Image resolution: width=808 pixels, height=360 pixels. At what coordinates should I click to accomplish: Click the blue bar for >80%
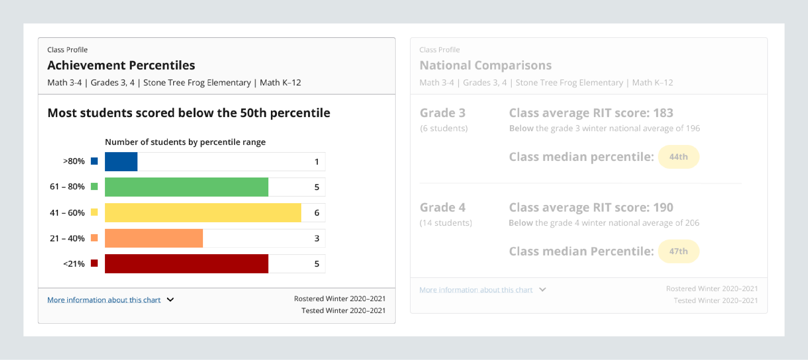tap(121, 162)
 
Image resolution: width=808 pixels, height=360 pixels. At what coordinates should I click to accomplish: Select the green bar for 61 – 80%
tap(186, 187)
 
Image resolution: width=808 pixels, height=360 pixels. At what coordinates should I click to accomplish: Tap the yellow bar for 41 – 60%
tap(203, 213)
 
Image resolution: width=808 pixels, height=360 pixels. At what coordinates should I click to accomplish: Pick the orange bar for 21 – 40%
tap(154, 238)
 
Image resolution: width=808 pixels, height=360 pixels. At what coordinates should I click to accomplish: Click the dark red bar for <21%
tap(186, 263)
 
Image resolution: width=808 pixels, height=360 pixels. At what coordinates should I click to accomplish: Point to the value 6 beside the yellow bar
tap(317, 213)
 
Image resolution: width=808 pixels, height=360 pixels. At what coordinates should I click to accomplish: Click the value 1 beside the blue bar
tap(317, 162)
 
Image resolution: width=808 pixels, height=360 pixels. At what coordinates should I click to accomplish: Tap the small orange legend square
tap(94, 238)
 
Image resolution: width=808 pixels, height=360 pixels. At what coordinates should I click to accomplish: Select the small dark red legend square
tap(94, 263)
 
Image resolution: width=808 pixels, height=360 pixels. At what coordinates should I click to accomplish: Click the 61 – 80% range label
tap(67, 187)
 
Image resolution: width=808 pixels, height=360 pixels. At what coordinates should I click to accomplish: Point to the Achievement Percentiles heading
tap(121, 65)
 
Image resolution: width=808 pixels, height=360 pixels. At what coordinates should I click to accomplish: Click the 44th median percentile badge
tap(678, 157)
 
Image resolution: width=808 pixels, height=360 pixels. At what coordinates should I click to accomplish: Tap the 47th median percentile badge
tap(678, 251)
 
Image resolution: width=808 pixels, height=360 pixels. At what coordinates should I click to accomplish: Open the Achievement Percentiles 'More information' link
tap(104, 300)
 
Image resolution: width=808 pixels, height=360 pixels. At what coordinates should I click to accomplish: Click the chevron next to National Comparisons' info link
tap(542, 290)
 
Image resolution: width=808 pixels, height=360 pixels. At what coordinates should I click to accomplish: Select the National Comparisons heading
tap(485, 65)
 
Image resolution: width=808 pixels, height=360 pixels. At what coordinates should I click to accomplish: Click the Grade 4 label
tap(442, 207)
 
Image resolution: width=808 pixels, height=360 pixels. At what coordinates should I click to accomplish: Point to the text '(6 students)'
tap(443, 128)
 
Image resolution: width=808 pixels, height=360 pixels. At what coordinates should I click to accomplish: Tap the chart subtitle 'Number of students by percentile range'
tap(185, 142)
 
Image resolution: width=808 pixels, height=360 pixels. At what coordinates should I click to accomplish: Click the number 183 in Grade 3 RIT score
tap(663, 113)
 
